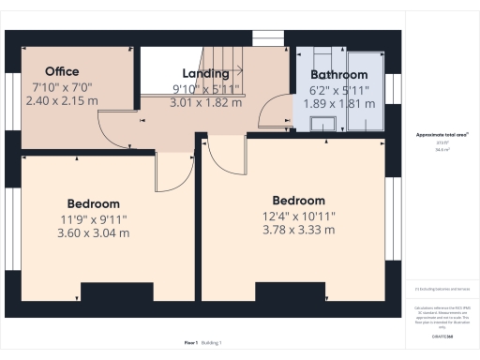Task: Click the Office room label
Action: [x=61, y=71]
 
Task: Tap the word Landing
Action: [x=205, y=74]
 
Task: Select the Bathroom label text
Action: [x=338, y=74]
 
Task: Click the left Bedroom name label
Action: [x=93, y=203]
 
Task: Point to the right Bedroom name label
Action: [x=298, y=201]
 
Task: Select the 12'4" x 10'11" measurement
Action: [x=298, y=216]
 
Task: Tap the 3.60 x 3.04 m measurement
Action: [x=93, y=233]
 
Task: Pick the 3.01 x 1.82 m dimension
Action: [x=205, y=103]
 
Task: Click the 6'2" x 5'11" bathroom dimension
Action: [x=338, y=89]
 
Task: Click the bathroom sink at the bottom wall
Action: [x=325, y=125]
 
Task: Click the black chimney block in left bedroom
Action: [x=117, y=292]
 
